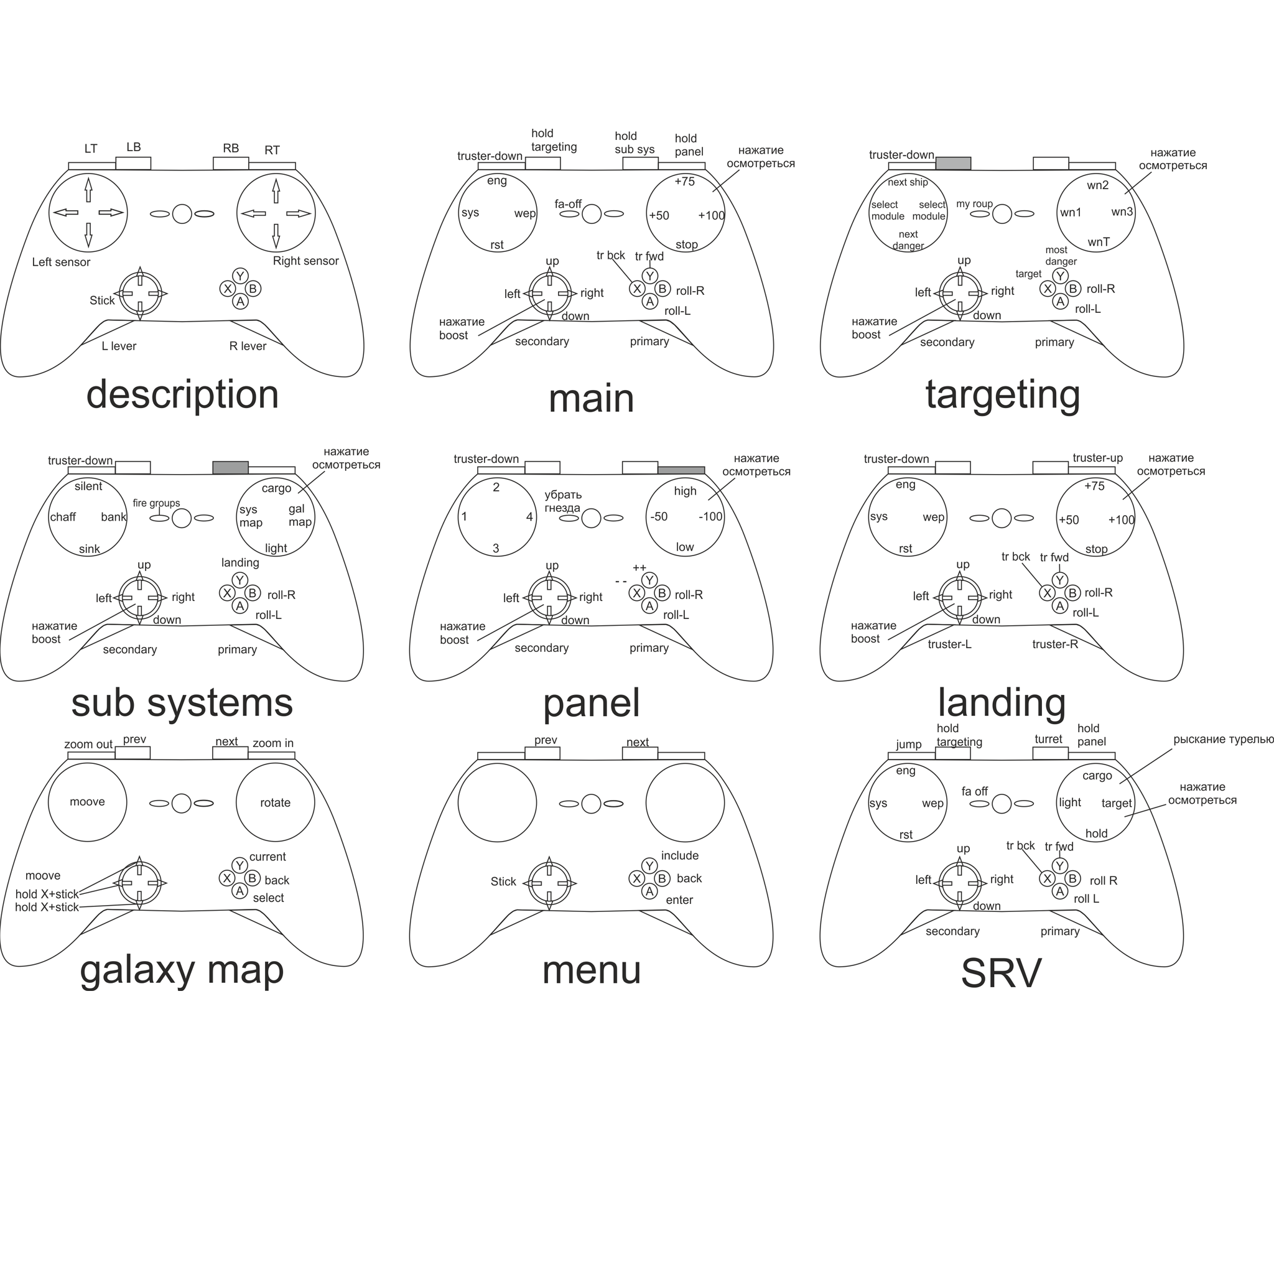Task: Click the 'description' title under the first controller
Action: [183, 394]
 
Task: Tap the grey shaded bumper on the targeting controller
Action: [953, 163]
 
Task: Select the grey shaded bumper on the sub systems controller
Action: [230, 468]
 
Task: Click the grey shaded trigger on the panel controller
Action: [681, 470]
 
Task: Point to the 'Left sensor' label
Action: [62, 262]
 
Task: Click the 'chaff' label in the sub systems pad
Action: [63, 517]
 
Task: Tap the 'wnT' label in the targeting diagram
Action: [1099, 242]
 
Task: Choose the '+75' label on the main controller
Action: [684, 182]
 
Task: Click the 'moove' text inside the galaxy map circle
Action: [87, 802]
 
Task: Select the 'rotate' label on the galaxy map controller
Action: [275, 802]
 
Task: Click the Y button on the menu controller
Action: [649, 866]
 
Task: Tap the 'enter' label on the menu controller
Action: [679, 900]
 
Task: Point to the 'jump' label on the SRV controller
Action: [908, 745]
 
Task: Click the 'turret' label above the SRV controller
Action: [1048, 739]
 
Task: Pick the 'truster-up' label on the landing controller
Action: [1097, 458]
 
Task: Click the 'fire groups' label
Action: [156, 503]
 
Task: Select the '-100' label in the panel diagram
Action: [710, 516]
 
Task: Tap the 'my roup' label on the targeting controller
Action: [974, 204]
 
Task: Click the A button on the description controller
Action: [240, 302]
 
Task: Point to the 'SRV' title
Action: [1001, 974]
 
